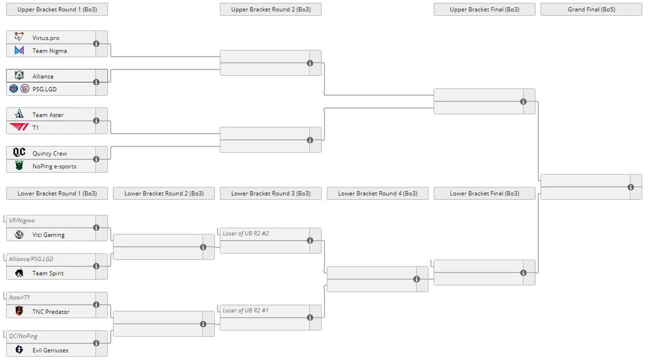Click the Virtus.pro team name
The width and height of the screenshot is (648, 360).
coord(46,38)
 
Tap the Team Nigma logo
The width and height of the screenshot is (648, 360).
coord(19,51)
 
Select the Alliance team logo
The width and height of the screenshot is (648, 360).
coord(19,75)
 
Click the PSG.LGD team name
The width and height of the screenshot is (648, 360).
coord(45,89)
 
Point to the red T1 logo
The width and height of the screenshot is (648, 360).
coord(19,127)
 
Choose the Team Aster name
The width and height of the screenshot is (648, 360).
coord(48,115)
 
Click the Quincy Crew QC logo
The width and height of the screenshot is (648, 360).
coord(19,152)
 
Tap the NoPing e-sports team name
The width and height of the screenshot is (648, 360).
coord(54,166)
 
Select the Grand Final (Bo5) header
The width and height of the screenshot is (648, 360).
coord(591,9)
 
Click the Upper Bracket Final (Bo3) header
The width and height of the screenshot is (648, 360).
coord(484,9)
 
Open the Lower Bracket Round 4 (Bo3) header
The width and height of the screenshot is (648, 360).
coord(377,193)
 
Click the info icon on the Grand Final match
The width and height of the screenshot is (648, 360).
coord(631,187)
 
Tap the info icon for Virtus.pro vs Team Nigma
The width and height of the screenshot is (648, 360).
coord(96,44)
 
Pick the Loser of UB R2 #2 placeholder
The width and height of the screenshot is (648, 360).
coord(245,233)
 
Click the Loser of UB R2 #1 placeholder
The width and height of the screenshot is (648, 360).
coord(245,310)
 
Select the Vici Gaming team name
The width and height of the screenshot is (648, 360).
coord(48,235)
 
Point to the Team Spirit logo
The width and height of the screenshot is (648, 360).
coord(19,273)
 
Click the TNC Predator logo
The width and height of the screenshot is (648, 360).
coord(19,311)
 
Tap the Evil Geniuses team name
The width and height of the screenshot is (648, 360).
coord(51,350)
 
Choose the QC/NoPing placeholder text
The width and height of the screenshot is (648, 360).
coord(23,336)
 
